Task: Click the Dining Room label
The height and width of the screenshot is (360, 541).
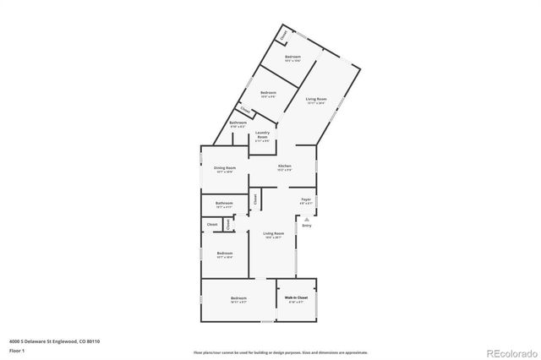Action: tap(225, 167)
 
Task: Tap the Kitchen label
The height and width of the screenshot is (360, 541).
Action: tap(285, 166)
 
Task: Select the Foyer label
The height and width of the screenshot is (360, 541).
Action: tap(306, 199)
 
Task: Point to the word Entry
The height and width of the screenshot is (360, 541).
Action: tap(307, 226)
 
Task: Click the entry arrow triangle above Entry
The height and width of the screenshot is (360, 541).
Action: tap(307, 218)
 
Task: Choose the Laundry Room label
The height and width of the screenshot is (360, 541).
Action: tap(262, 135)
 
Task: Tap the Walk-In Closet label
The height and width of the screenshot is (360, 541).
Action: tap(295, 298)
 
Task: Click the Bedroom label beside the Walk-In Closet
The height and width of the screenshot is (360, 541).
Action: tap(238, 298)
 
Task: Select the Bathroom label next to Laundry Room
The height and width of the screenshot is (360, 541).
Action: tap(238, 123)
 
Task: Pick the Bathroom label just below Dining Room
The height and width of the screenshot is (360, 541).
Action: tap(224, 203)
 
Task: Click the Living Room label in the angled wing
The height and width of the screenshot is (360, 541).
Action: tap(316, 99)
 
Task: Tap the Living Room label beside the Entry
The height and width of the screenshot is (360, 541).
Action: tap(272, 233)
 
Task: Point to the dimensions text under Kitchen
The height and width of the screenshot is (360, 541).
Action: tap(285, 171)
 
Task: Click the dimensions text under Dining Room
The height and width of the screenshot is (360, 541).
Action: tap(225, 172)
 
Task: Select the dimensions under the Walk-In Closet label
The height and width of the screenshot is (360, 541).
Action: tap(295, 303)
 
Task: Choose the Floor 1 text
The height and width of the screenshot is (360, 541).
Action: tap(17, 350)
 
